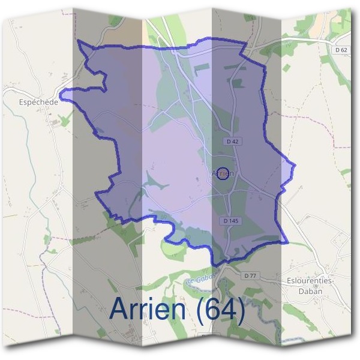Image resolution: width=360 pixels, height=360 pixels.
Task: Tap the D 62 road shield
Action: point(340,50)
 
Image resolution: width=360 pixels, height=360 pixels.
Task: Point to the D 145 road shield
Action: point(231,221)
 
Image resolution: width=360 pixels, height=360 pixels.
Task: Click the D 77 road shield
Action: point(250,275)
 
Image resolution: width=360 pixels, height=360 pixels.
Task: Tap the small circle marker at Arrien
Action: point(223,173)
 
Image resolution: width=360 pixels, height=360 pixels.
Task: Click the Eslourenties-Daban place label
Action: point(310,286)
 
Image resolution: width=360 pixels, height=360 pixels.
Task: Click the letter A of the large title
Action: point(121,309)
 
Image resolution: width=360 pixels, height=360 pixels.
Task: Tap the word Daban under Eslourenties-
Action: point(310,292)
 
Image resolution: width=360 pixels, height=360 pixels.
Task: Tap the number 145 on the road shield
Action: point(233,221)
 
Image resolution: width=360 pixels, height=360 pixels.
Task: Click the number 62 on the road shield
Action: point(343,50)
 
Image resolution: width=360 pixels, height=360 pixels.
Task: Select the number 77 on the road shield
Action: point(253,275)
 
